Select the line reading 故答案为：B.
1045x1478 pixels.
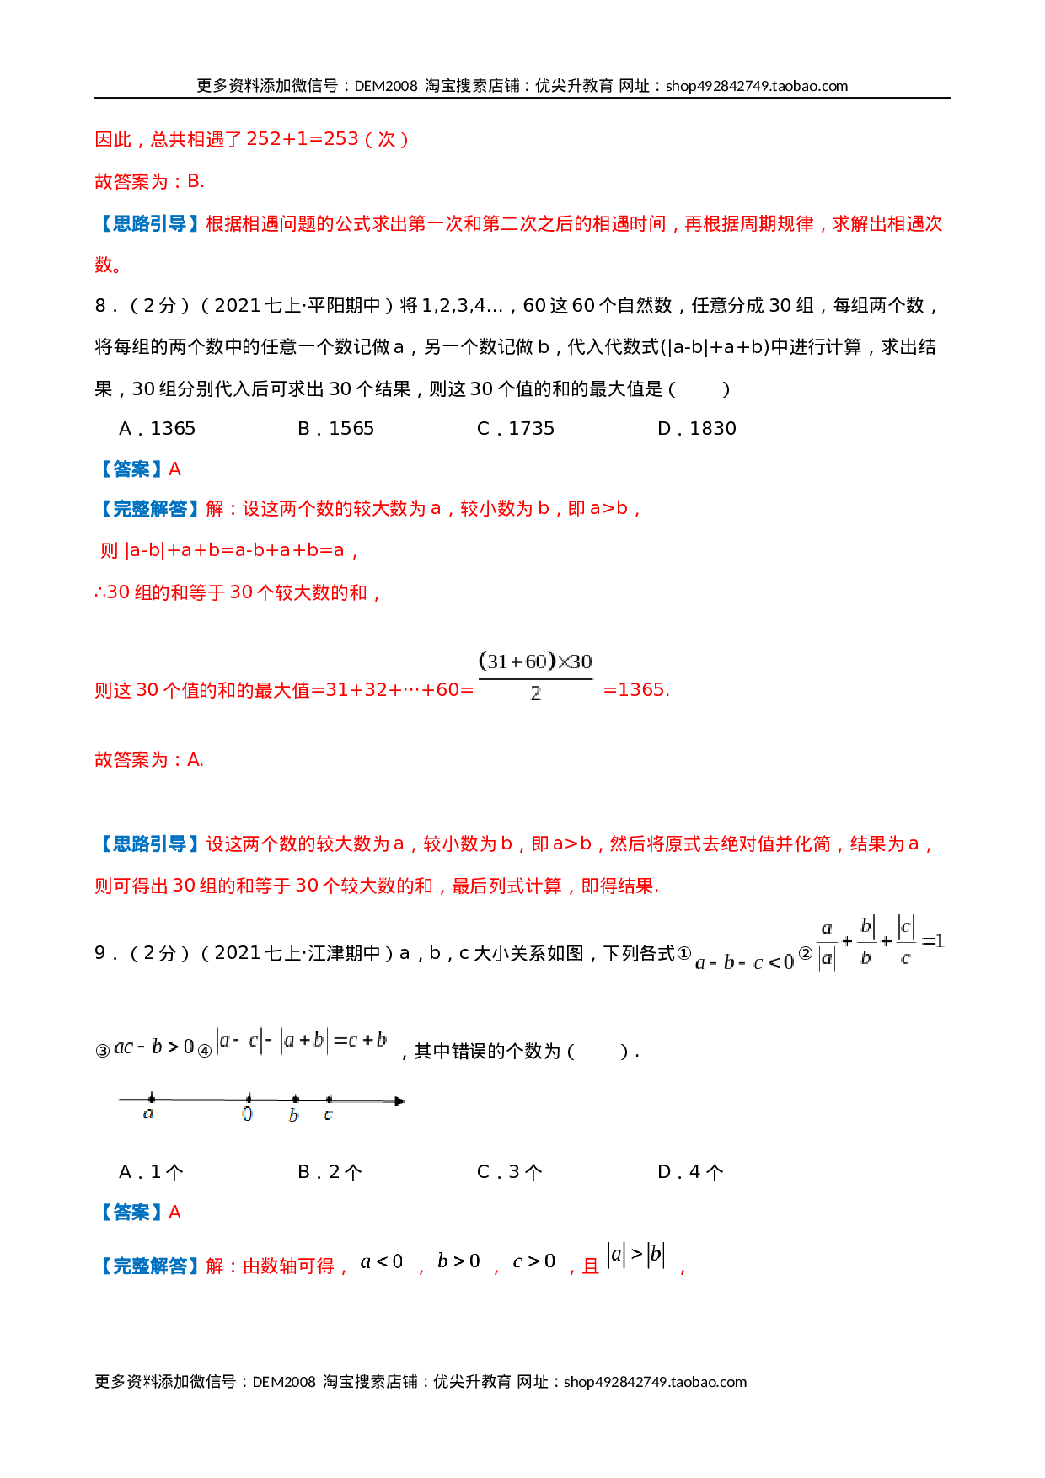tap(149, 181)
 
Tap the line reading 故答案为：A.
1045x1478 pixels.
tap(149, 760)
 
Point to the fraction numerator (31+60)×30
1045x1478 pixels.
tap(535, 661)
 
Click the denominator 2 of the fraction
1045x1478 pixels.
tap(535, 693)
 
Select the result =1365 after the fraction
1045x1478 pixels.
tap(636, 690)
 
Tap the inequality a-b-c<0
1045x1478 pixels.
tap(745, 962)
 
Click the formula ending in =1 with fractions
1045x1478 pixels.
tap(880, 942)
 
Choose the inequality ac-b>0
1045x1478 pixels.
tap(153, 1047)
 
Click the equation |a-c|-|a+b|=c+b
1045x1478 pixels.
tap(301, 1041)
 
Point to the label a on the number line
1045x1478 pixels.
tap(149, 1114)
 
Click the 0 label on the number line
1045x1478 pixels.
tap(247, 1115)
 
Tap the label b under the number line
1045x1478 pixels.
tap(293, 1116)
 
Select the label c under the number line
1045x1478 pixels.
tap(328, 1115)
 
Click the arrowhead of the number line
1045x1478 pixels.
tap(399, 1100)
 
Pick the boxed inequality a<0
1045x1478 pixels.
tap(382, 1261)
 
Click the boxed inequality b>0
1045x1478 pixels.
tap(458, 1261)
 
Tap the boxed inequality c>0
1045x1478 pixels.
tap(533, 1261)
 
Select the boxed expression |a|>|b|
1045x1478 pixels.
tap(636, 1255)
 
